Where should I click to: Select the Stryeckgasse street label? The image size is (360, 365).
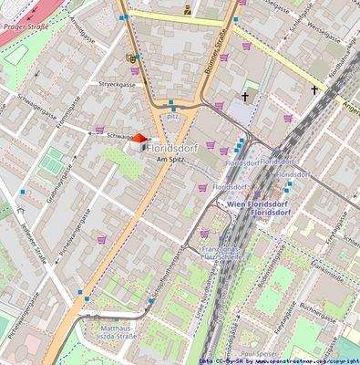(x=118, y=84)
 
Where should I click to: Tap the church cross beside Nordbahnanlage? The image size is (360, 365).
(x=314, y=90)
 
